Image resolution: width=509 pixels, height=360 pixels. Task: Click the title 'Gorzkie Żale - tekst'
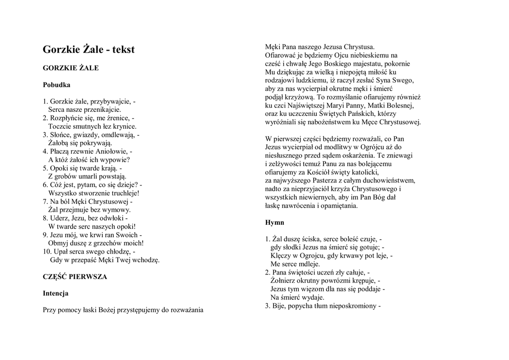click(x=88, y=49)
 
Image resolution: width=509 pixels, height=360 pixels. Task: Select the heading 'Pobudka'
click(x=56, y=85)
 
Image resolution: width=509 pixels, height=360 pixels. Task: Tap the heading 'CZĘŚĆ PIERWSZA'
click(x=75, y=276)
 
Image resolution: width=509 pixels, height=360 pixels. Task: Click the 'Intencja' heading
click(x=56, y=293)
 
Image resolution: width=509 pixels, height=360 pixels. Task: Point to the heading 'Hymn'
click(x=274, y=222)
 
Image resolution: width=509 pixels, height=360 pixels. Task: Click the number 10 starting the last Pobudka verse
click(x=46, y=252)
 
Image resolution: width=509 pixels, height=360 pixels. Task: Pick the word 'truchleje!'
click(x=124, y=193)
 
